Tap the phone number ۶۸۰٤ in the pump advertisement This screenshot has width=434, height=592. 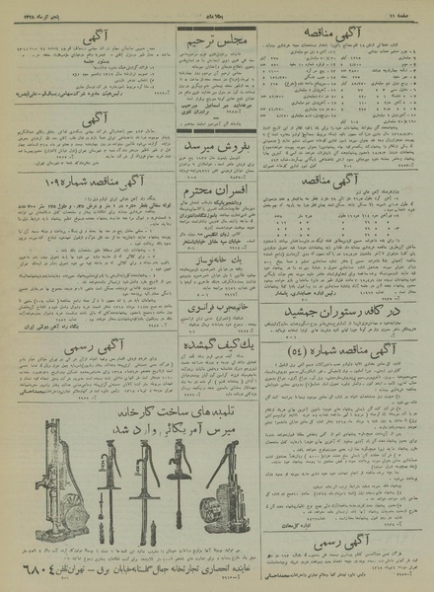(x=39, y=568)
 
